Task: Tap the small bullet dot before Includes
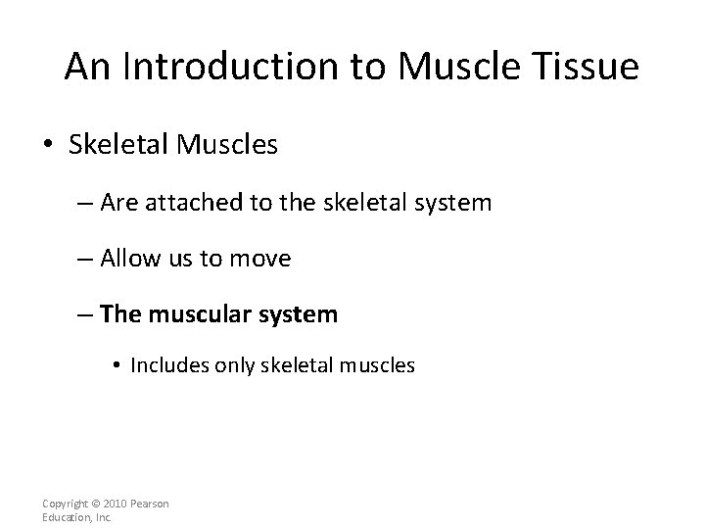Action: coord(116,365)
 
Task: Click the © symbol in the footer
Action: coord(90,504)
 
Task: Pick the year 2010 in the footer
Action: coord(109,504)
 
